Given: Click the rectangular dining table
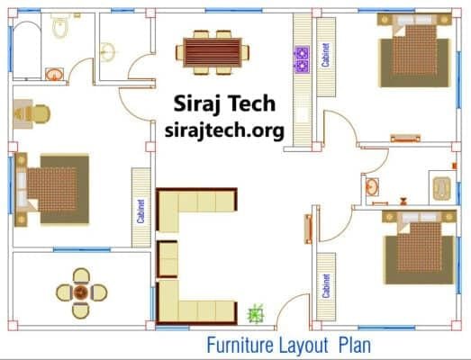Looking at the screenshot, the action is point(213,52).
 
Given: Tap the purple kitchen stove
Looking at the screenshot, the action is point(302,59).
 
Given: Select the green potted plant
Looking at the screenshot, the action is point(256,314).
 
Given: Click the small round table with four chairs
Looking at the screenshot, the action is point(81,293).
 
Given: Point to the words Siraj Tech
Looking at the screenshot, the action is point(224,103).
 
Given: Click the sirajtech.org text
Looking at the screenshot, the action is point(224,130).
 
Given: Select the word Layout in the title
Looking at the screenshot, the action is point(303,346).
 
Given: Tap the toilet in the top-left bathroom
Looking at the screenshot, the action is point(60,25).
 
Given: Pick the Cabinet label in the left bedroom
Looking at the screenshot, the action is point(140,211).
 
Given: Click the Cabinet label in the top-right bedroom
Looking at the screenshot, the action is point(325,55).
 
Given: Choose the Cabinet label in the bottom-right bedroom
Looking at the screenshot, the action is point(326,285).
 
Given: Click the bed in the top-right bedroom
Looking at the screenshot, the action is point(415,50).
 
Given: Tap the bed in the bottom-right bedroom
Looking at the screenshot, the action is point(420,247).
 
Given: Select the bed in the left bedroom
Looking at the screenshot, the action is point(52,190).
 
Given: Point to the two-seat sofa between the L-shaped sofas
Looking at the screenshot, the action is point(168,259).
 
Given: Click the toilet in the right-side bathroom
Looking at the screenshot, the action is point(442,189).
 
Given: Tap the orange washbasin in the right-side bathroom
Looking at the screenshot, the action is point(372,187).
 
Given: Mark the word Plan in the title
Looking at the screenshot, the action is point(355,346).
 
